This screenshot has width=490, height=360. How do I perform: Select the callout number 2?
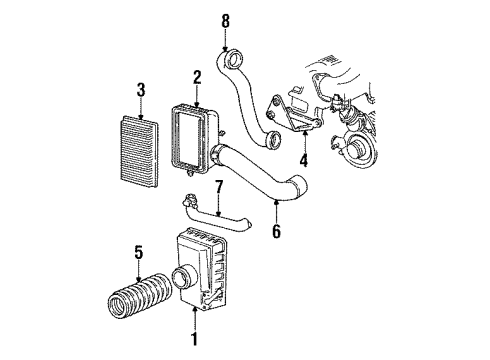pos(197,77)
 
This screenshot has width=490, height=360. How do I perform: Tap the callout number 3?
pos(141,90)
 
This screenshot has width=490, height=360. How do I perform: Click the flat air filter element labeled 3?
pos(141,142)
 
